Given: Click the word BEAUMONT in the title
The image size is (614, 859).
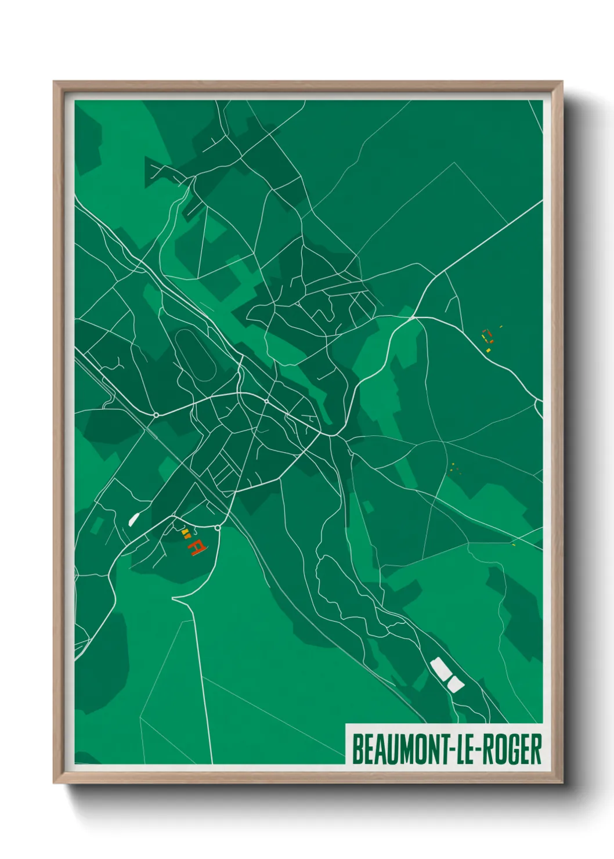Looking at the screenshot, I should (x=399, y=749).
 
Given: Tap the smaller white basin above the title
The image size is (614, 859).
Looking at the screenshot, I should (x=454, y=684).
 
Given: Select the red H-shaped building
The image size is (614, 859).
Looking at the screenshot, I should (x=196, y=547).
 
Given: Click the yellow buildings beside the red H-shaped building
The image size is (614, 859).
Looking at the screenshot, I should (x=185, y=532).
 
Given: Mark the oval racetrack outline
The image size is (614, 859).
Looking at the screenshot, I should (x=195, y=355).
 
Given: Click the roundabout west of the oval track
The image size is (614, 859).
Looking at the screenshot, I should (x=156, y=414).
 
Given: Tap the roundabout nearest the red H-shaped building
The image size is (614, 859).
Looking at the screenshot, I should (x=217, y=528).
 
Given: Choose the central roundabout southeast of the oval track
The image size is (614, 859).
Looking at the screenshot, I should (x=266, y=401).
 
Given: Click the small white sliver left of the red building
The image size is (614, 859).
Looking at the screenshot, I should (x=133, y=518).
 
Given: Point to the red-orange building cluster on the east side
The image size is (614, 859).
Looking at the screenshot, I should (x=487, y=337).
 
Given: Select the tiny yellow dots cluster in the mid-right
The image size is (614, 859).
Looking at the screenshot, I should (x=454, y=467).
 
